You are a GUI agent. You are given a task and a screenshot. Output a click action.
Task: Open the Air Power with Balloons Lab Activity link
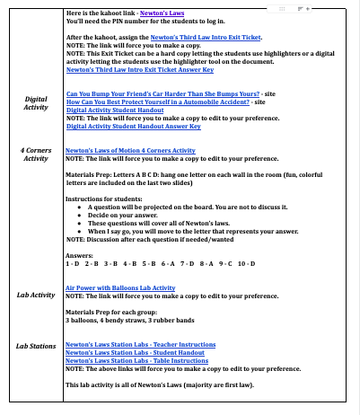(x=120, y=287)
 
